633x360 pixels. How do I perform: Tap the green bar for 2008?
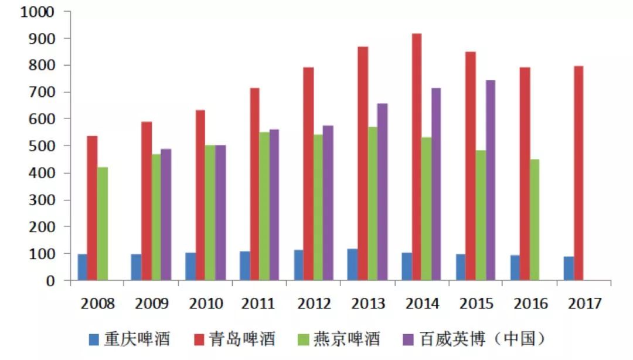[103, 223]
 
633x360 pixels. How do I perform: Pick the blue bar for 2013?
[352, 264]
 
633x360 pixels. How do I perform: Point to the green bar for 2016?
[535, 219]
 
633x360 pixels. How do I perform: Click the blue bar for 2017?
[569, 268]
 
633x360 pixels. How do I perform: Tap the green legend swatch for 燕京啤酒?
[303, 339]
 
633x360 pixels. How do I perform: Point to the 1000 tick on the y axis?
[38, 12]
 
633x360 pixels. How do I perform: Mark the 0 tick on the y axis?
[50, 281]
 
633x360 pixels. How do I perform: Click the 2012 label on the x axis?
[314, 304]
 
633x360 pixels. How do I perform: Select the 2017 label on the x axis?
[584, 304]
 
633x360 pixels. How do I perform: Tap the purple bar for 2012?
[328, 203]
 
